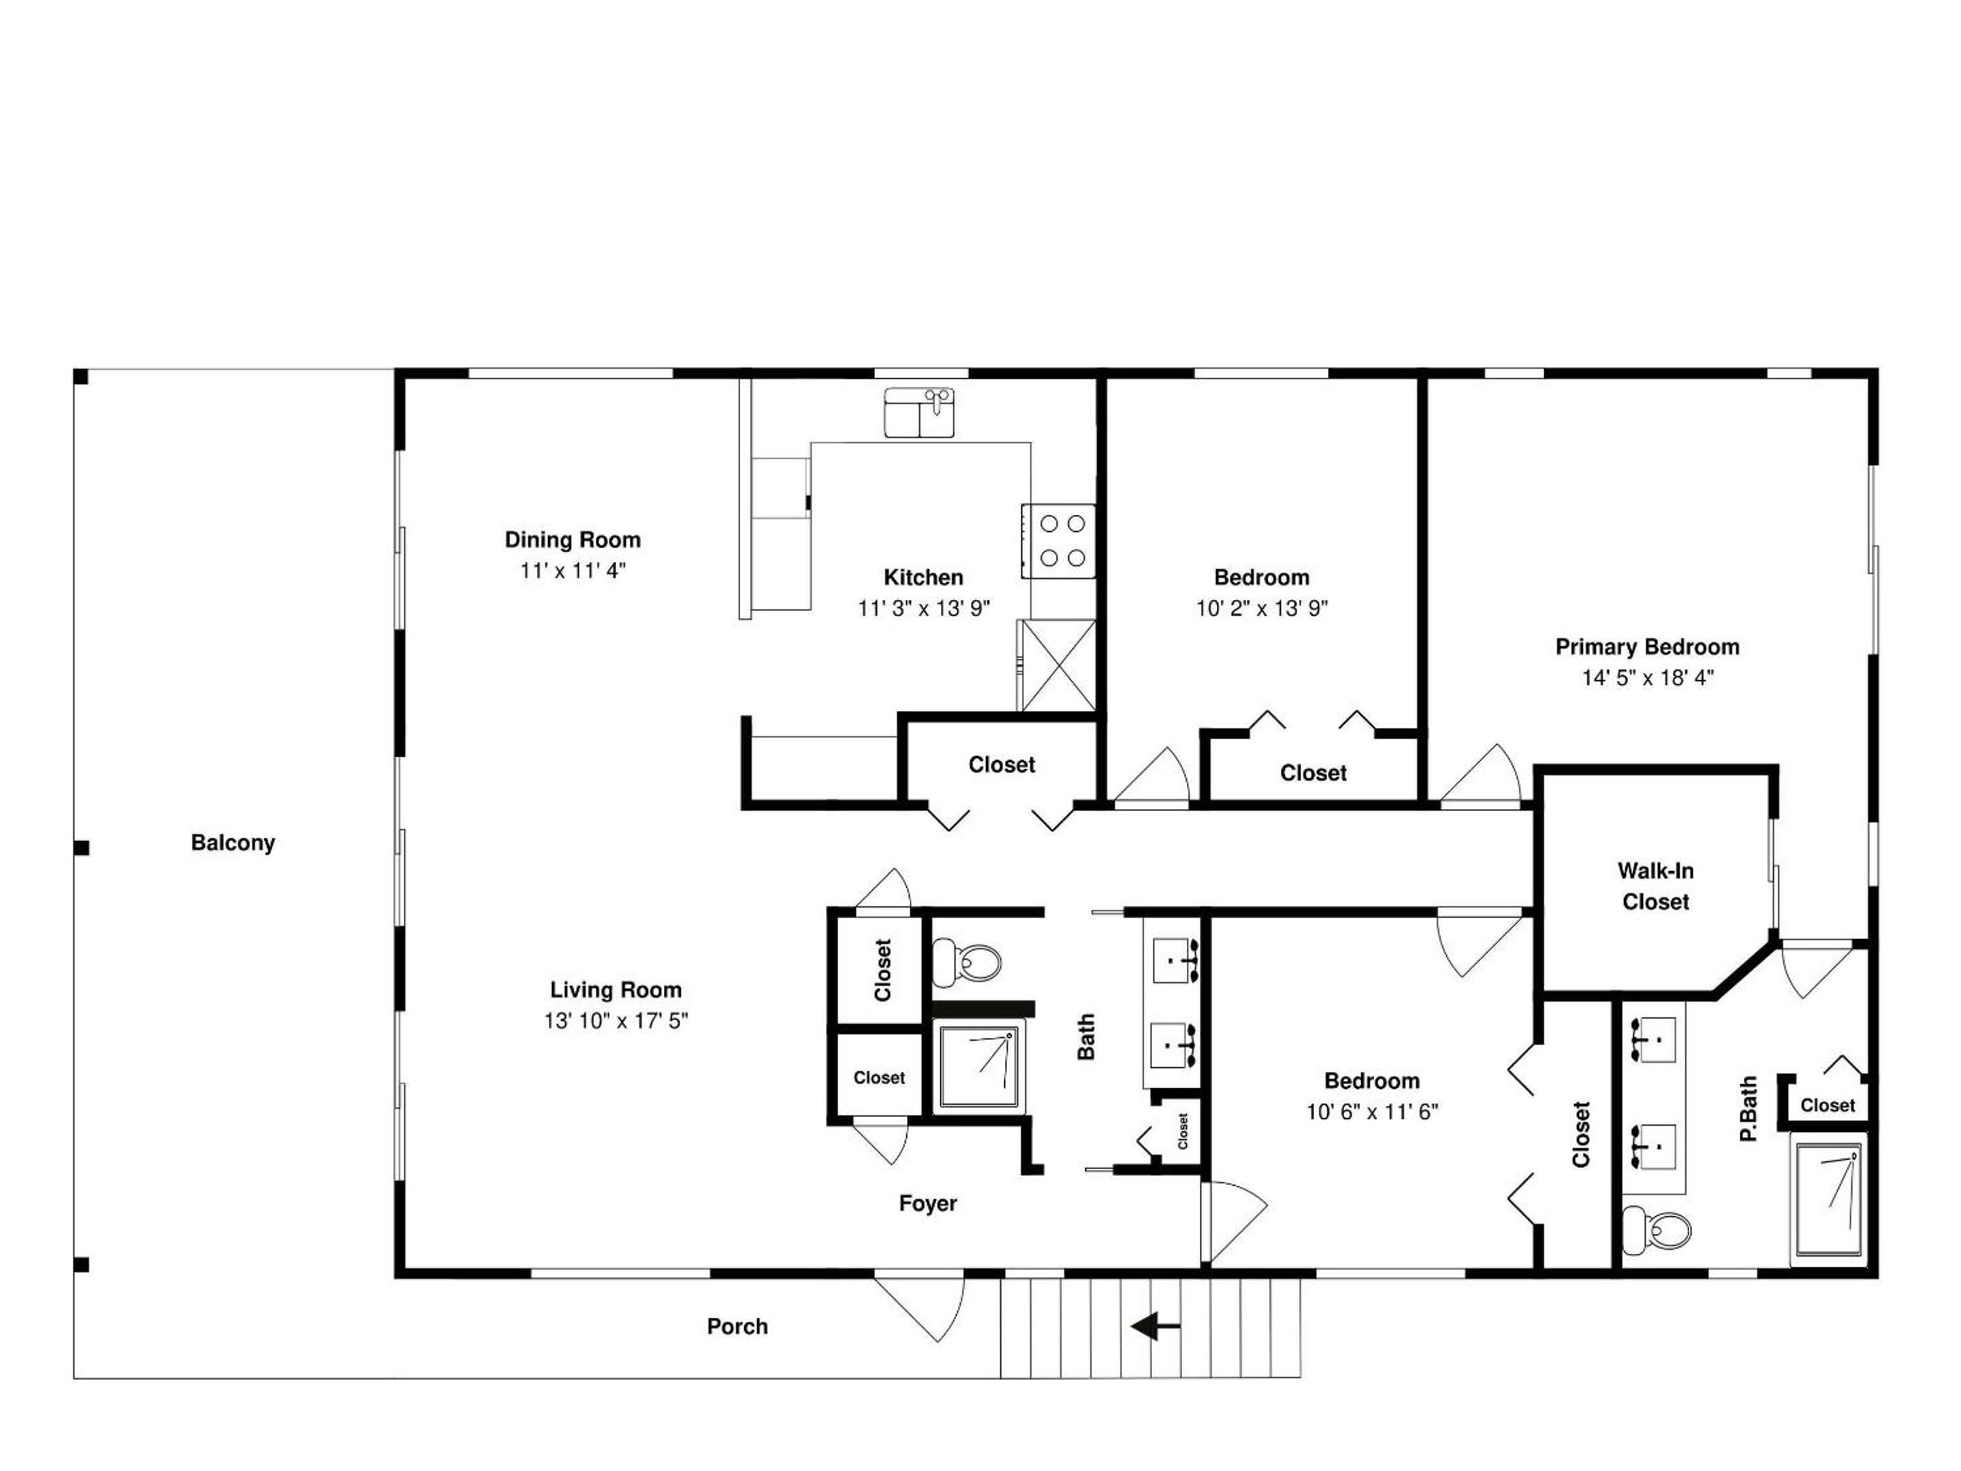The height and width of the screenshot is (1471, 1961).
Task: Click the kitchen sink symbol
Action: click(919, 412)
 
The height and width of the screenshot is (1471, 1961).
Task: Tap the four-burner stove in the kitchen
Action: click(1059, 541)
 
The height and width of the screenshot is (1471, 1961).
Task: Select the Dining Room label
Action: click(573, 540)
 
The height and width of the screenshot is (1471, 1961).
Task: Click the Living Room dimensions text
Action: click(616, 1022)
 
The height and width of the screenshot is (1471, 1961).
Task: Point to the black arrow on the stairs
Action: click(1155, 1327)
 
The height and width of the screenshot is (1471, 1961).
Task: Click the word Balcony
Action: click(233, 843)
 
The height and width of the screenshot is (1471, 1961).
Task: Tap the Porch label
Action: click(737, 1327)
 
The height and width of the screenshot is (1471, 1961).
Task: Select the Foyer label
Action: click(928, 1203)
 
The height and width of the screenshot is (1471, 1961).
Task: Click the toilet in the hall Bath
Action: click(966, 962)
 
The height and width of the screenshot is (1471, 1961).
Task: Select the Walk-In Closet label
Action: click(1655, 887)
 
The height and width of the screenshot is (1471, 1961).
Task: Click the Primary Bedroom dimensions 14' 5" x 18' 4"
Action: click(1648, 678)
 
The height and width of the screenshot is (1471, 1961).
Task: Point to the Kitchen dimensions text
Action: click(924, 608)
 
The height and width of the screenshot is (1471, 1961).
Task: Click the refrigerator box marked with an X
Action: click(1057, 665)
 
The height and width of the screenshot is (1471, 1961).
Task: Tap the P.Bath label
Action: click(1747, 1109)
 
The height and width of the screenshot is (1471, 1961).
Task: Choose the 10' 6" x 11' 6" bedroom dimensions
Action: click(1372, 1112)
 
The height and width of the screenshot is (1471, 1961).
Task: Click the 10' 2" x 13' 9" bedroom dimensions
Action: click(1262, 608)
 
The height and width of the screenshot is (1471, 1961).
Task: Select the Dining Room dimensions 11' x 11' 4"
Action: click(573, 571)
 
